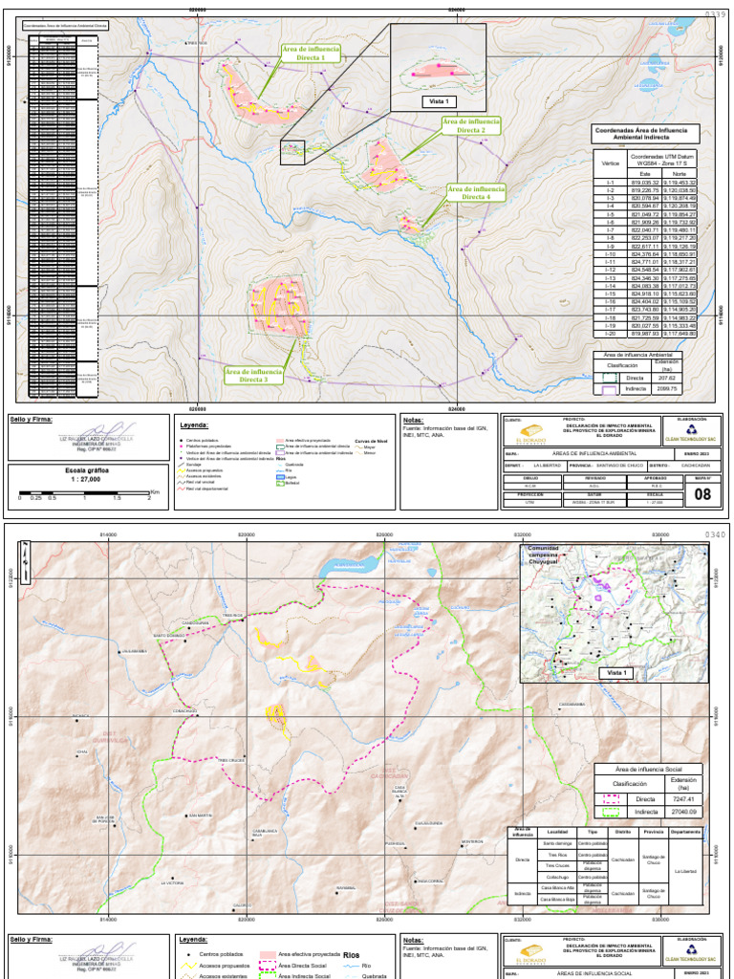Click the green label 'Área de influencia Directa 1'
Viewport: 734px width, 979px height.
tap(311, 53)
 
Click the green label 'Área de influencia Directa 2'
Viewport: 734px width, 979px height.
tap(471, 126)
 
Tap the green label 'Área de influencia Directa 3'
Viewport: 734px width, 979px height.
tap(253, 375)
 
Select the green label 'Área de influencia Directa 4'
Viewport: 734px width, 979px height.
tap(476, 193)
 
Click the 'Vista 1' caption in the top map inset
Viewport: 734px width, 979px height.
tap(438, 101)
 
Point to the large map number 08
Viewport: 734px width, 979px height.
tap(702, 493)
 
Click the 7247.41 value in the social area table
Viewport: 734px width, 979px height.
tap(683, 798)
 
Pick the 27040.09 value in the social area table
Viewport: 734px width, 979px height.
tap(683, 812)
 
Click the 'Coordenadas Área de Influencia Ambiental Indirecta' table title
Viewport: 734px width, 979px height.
tap(646, 133)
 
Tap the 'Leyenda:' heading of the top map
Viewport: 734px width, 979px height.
tap(194, 424)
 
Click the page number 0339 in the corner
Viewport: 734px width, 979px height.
tap(716, 14)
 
